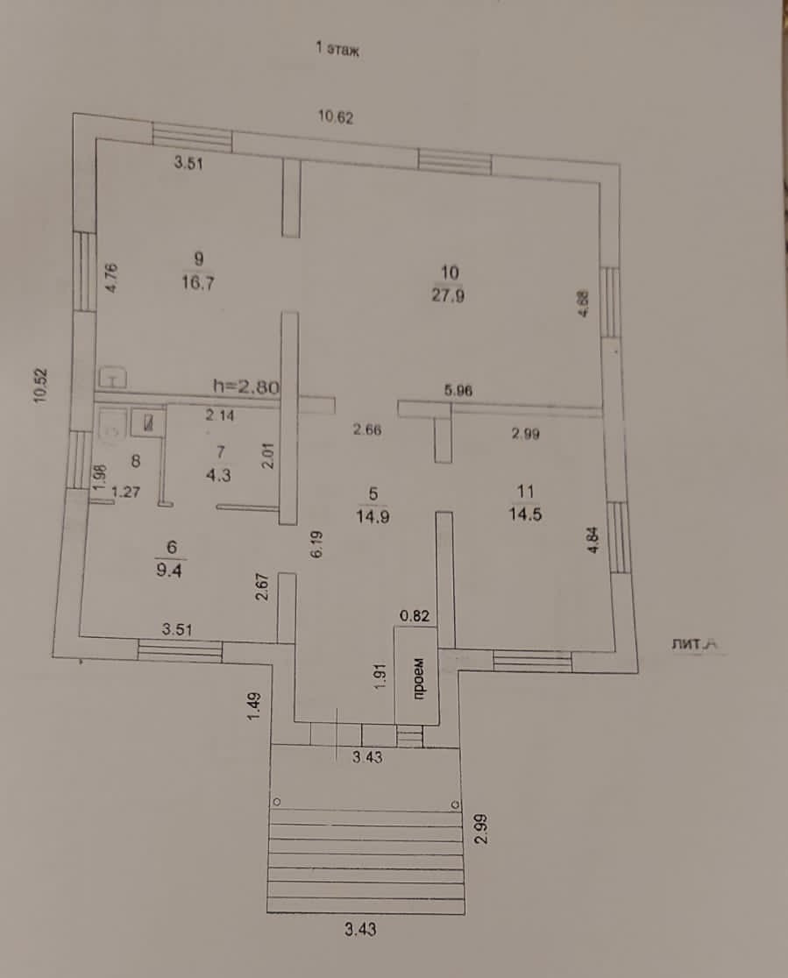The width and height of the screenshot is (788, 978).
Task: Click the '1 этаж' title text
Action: [x=338, y=49]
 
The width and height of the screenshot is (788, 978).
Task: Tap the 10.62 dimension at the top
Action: [x=336, y=118]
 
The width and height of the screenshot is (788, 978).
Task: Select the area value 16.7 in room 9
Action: [x=199, y=284]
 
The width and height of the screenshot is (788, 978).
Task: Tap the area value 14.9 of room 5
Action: [x=373, y=516]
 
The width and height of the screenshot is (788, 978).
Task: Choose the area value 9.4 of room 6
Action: [x=171, y=570]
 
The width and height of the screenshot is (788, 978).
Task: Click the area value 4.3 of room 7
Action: [x=221, y=474]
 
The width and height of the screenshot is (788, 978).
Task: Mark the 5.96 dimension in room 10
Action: [x=458, y=392]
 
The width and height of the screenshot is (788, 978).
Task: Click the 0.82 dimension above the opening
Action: [x=414, y=615]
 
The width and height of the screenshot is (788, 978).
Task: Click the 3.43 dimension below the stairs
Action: [x=359, y=931]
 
